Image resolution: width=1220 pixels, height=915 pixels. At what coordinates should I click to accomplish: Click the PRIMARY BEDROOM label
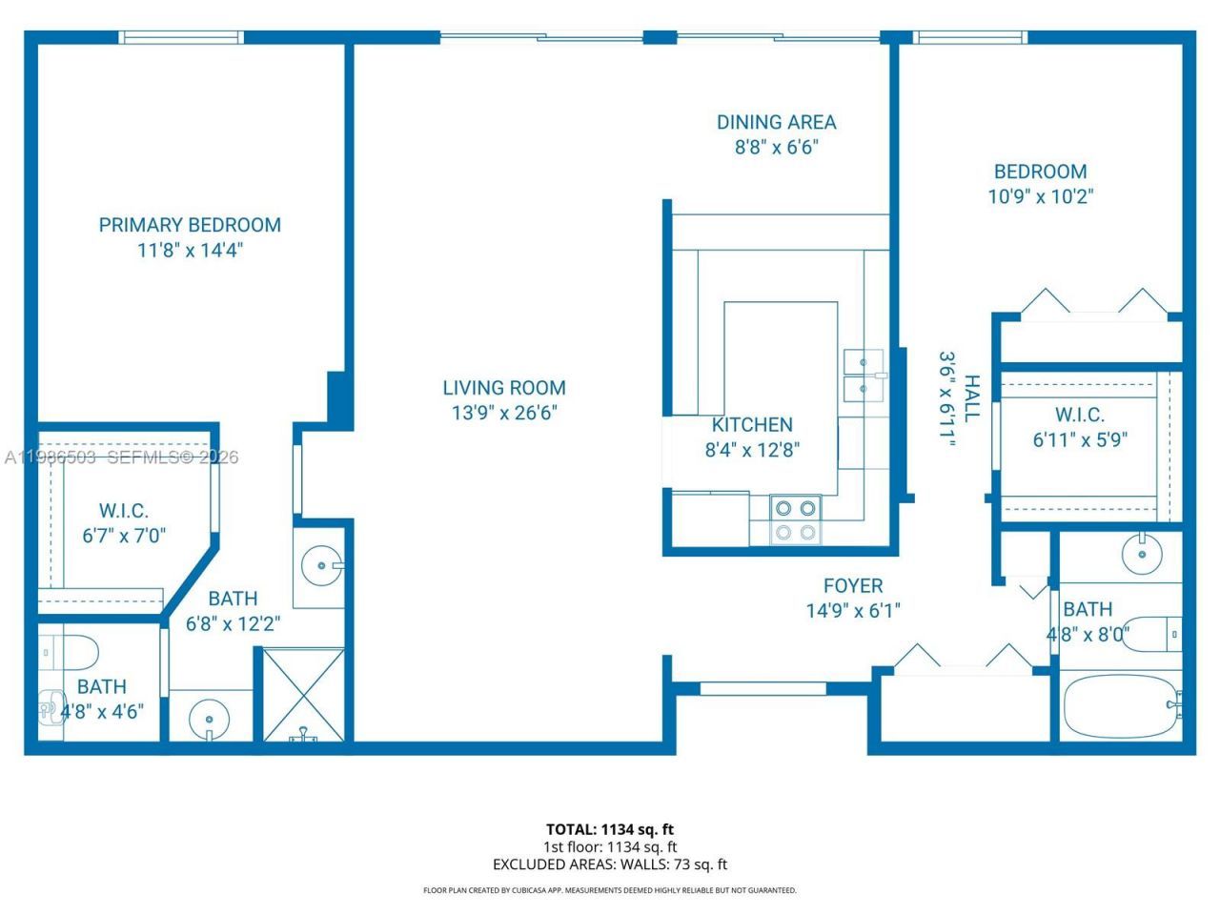(190, 225)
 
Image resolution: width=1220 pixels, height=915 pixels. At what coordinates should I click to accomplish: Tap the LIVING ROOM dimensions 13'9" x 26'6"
(504, 413)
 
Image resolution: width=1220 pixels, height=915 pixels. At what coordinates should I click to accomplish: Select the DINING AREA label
(776, 122)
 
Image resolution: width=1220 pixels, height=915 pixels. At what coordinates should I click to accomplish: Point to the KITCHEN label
(752, 424)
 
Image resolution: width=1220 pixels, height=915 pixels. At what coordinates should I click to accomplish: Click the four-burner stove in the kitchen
(795, 520)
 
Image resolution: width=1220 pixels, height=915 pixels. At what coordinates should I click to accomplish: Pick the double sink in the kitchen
(864, 375)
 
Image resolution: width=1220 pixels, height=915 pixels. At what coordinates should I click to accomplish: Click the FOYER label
(853, 585)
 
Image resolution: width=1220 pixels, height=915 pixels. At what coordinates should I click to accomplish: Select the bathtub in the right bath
(1122, 706)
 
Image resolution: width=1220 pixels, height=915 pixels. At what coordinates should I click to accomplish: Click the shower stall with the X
(303, 695)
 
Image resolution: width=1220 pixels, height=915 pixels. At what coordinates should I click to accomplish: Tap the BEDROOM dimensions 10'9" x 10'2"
(1041, 196)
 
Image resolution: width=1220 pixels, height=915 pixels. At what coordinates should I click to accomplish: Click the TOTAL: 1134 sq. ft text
(610, 829)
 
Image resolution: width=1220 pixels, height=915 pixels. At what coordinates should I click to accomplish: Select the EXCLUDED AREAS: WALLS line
(610, 864)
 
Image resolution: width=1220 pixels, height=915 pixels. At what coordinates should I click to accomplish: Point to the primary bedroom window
(181, 37)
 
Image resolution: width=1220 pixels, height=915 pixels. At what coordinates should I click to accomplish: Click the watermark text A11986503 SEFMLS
(121, 457)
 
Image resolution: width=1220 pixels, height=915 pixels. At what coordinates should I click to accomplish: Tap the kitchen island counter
(781, 397)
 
